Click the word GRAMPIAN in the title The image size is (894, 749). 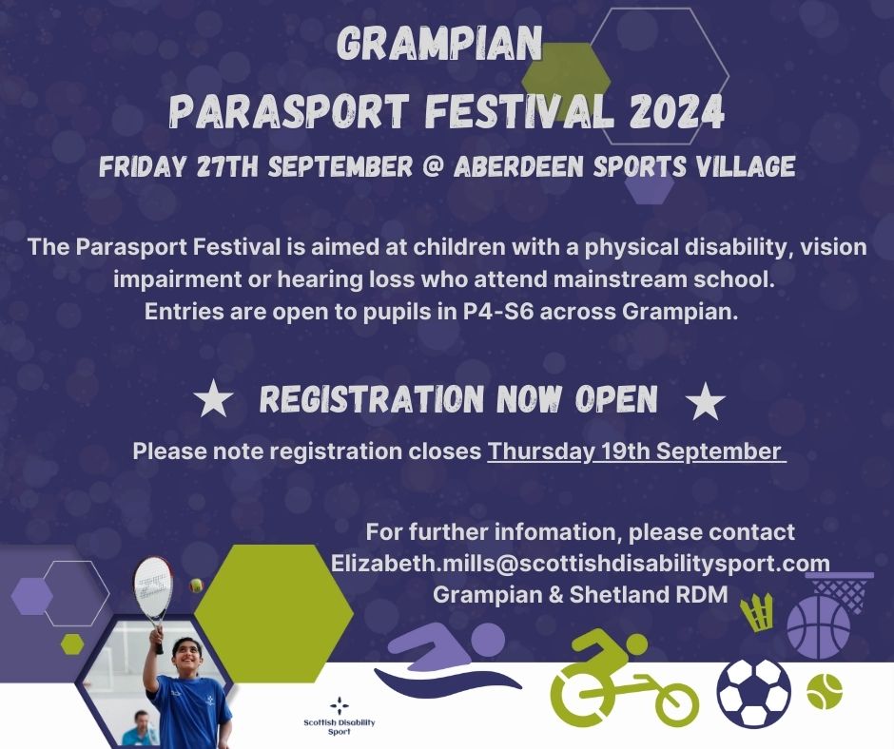[440, 44]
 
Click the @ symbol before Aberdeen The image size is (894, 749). [432, 166]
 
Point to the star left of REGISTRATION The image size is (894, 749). [213, 399]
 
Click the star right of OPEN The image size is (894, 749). [706, 401]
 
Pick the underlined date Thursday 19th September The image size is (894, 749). [636, 451]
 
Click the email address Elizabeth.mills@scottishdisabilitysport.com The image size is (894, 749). [580, 563]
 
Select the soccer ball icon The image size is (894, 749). [754, 692]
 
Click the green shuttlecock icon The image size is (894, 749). [757, 612]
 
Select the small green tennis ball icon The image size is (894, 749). [825, 691]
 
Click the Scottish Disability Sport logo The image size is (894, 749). [340, 715]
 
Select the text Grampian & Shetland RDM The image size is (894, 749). [580, 594]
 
